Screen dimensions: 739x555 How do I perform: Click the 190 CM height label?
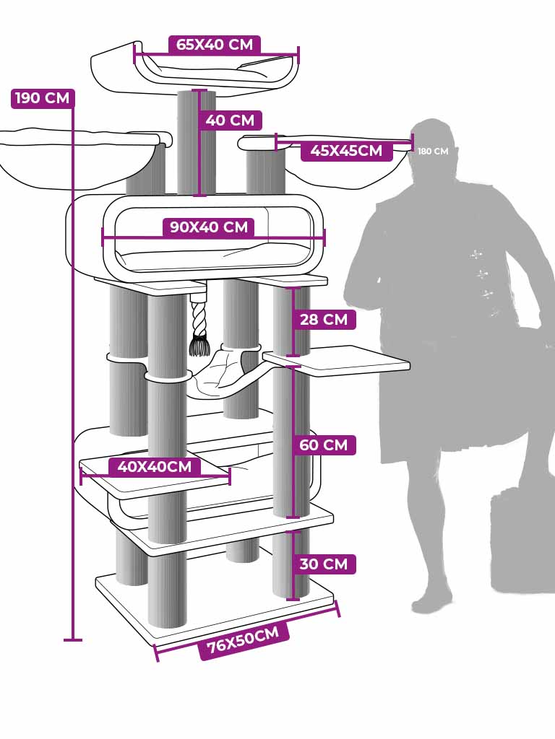click(x=43, y=98)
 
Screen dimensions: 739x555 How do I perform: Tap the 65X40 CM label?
click(x=215, y=45)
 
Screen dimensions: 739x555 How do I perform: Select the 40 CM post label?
click(x=230, y=120)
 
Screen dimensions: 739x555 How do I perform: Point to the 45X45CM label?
click(x=346, y=151)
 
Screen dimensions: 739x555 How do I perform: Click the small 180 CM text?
click(x=433, y=152)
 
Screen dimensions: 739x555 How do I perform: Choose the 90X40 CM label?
click(x=209, y=227)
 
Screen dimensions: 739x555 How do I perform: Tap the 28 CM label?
click(x=323, y=319)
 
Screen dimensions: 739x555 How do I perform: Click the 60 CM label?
click(x=323, y=445)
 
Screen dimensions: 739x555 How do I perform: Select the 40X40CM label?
click(x=155, y=467)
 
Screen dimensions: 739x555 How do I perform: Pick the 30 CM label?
click(x=323, y=564)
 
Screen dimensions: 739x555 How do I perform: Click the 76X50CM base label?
click(x=244, y=640)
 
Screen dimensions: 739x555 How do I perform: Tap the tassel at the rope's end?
click(x=199, y=346)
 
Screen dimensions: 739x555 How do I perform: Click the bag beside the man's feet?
click(x=522, y=538)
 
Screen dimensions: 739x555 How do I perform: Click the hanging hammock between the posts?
click(x=224, y=372)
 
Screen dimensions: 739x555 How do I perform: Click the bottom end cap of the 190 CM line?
click(x=73, y=639)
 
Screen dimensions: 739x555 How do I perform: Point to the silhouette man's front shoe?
click(x=431, y=600)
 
